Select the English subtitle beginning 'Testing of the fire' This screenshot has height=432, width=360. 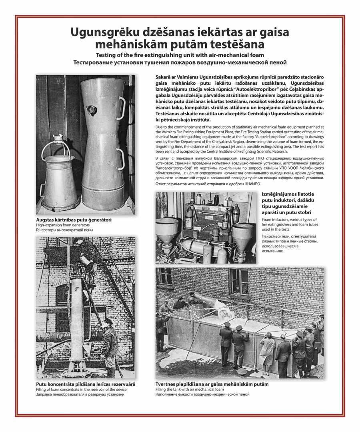180,55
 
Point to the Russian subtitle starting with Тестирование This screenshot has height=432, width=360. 180,62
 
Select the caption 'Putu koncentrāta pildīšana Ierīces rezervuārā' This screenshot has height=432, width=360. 86,384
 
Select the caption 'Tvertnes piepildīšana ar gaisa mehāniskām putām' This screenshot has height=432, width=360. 212,384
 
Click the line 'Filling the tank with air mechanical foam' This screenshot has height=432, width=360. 190,389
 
